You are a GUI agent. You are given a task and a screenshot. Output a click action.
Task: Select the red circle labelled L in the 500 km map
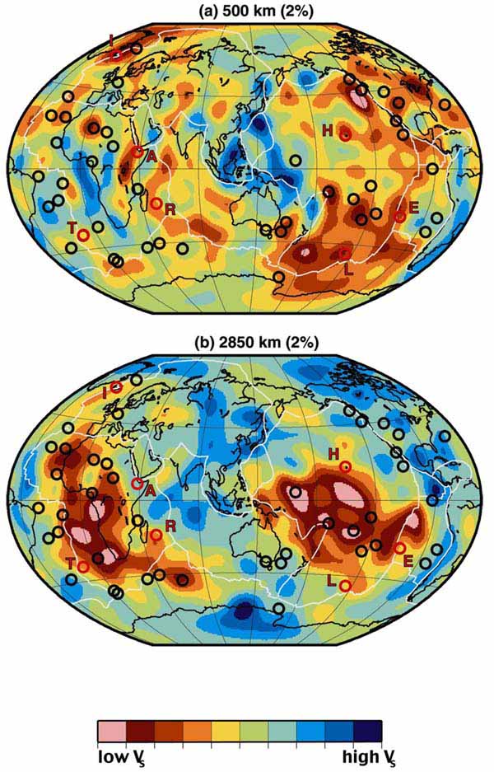(344, 253)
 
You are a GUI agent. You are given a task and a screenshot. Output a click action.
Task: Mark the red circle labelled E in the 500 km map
(400, 216)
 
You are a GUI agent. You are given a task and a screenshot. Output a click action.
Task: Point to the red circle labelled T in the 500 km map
(83, 235)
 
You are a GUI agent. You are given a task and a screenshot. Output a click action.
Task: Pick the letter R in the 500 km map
(170, 209)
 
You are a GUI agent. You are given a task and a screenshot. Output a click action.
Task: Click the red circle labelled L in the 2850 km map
(345, 585)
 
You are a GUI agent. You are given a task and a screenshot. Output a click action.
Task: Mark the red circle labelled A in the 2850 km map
(137, 484)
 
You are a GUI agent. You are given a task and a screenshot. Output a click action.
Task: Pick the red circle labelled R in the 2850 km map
(156, 535)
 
